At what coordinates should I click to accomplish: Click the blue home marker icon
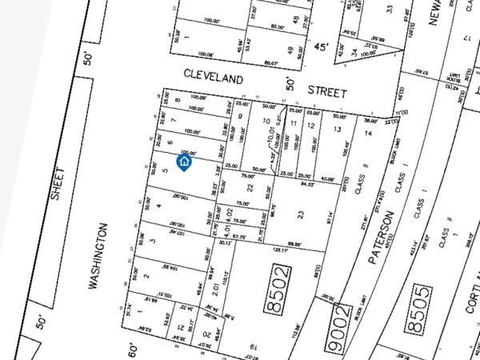[x=184, y=163]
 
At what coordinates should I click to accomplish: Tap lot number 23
[x=301, y=214]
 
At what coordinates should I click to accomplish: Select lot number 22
[x=250, y=189]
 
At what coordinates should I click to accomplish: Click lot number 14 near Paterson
[x=368, y=133]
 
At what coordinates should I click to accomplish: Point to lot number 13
[x=338, y=129]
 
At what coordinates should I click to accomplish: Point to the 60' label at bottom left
[x=134, y=350]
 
